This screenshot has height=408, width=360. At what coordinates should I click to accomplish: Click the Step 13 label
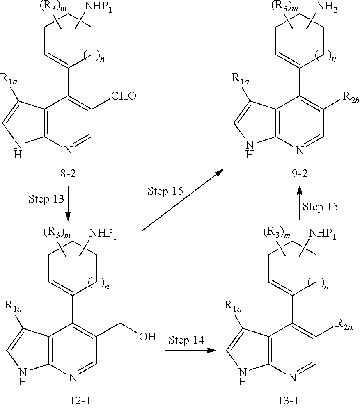[46, 199]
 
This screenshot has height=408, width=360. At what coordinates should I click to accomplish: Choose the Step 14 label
[186, 340]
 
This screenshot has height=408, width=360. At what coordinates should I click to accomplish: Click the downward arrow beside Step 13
[68, 205]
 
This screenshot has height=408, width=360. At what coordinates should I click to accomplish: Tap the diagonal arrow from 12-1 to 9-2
[182, 201]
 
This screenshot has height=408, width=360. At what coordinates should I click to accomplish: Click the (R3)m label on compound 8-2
[57, 9]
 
